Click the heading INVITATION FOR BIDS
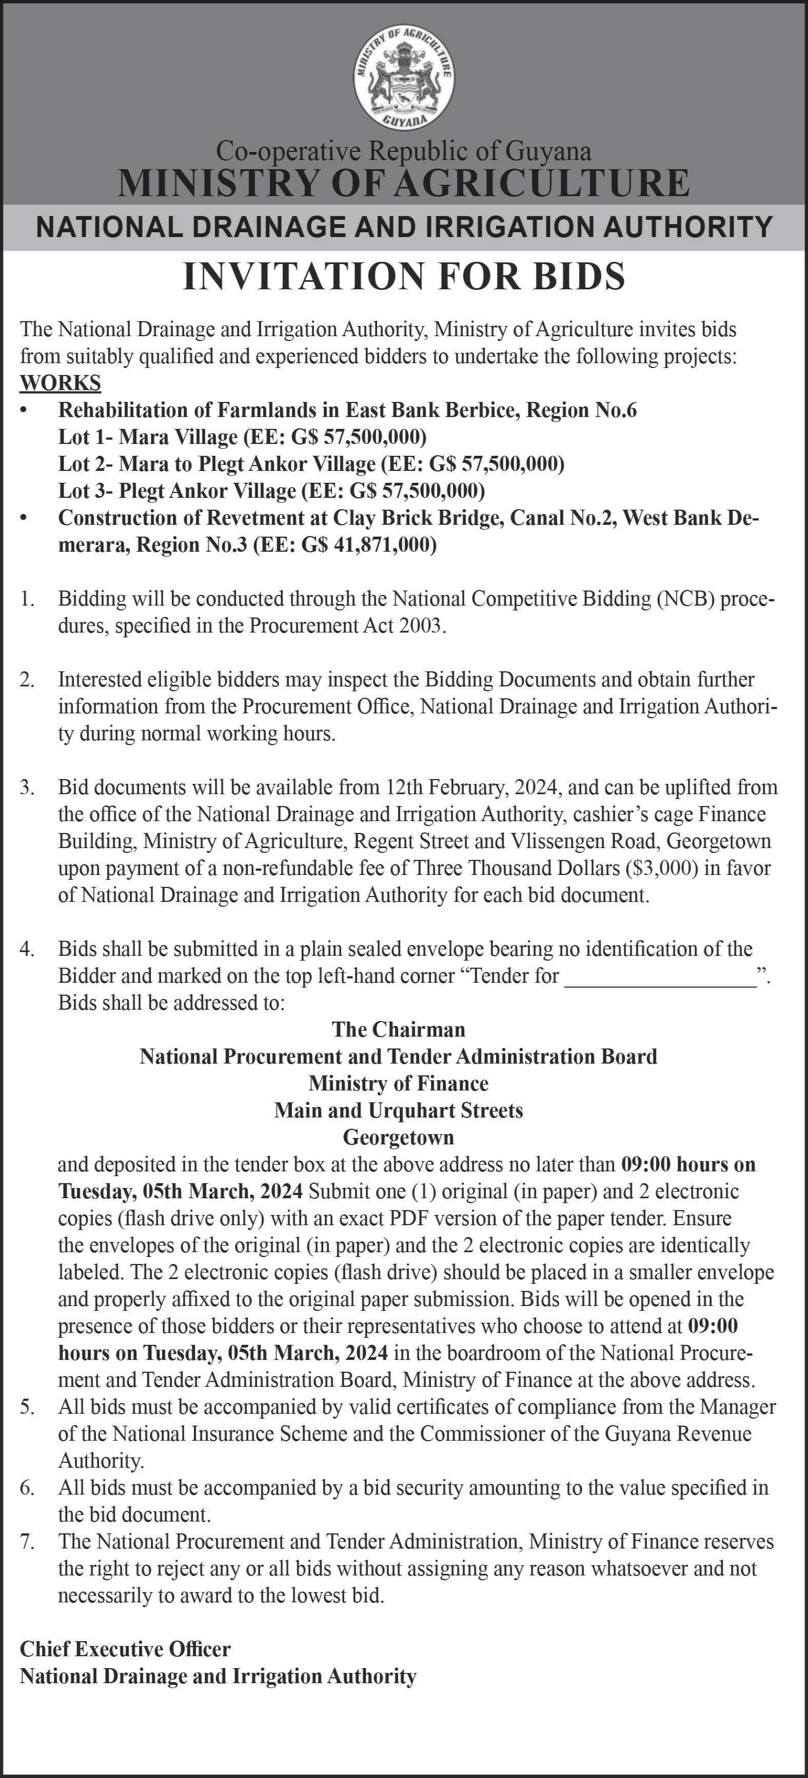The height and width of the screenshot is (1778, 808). click(403, 276)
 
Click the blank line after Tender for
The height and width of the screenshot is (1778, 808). click(660, 976)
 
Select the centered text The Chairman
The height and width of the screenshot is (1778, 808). click(398, 1029)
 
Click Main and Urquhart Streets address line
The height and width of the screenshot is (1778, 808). click(398, 1110)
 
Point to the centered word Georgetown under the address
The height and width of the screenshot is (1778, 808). click(398, 1137)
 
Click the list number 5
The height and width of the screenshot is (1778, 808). click(27, 1407)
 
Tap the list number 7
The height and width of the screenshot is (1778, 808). click(27, 1541)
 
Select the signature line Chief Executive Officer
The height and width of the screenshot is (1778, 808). click(125, 1649)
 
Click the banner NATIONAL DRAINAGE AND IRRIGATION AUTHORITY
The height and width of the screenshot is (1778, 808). click(403, 227)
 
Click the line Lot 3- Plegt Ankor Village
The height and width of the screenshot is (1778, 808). click(271, 491)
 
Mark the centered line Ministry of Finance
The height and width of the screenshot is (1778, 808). click(398, 1083)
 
